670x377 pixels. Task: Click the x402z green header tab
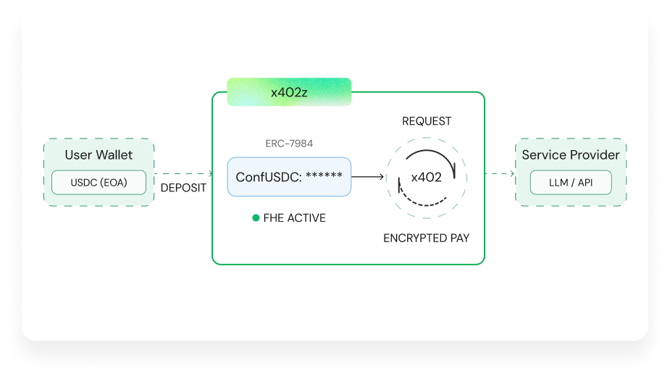point(289,92)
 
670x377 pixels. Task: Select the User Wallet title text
point(99,154)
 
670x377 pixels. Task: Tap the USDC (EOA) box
point(99,182)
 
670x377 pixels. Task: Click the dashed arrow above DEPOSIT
point(183,174)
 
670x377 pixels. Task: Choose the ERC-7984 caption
point(289,144)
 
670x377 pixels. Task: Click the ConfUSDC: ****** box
point(289,176)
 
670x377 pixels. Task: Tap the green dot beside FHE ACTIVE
point(256,217)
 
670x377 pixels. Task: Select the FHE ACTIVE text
point(294,217)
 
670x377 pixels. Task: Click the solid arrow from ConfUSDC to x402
point(368,176)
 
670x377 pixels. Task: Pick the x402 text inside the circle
point(426,177)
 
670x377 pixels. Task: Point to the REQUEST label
point(427,121)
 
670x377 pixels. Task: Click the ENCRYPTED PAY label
point(427,238)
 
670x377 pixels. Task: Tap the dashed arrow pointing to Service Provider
point(499,174)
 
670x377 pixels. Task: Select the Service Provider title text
point(571,154)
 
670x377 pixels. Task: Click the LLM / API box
point(571,182)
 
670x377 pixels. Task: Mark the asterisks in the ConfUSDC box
point(324,176)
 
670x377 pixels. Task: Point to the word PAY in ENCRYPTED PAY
point(458,238)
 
